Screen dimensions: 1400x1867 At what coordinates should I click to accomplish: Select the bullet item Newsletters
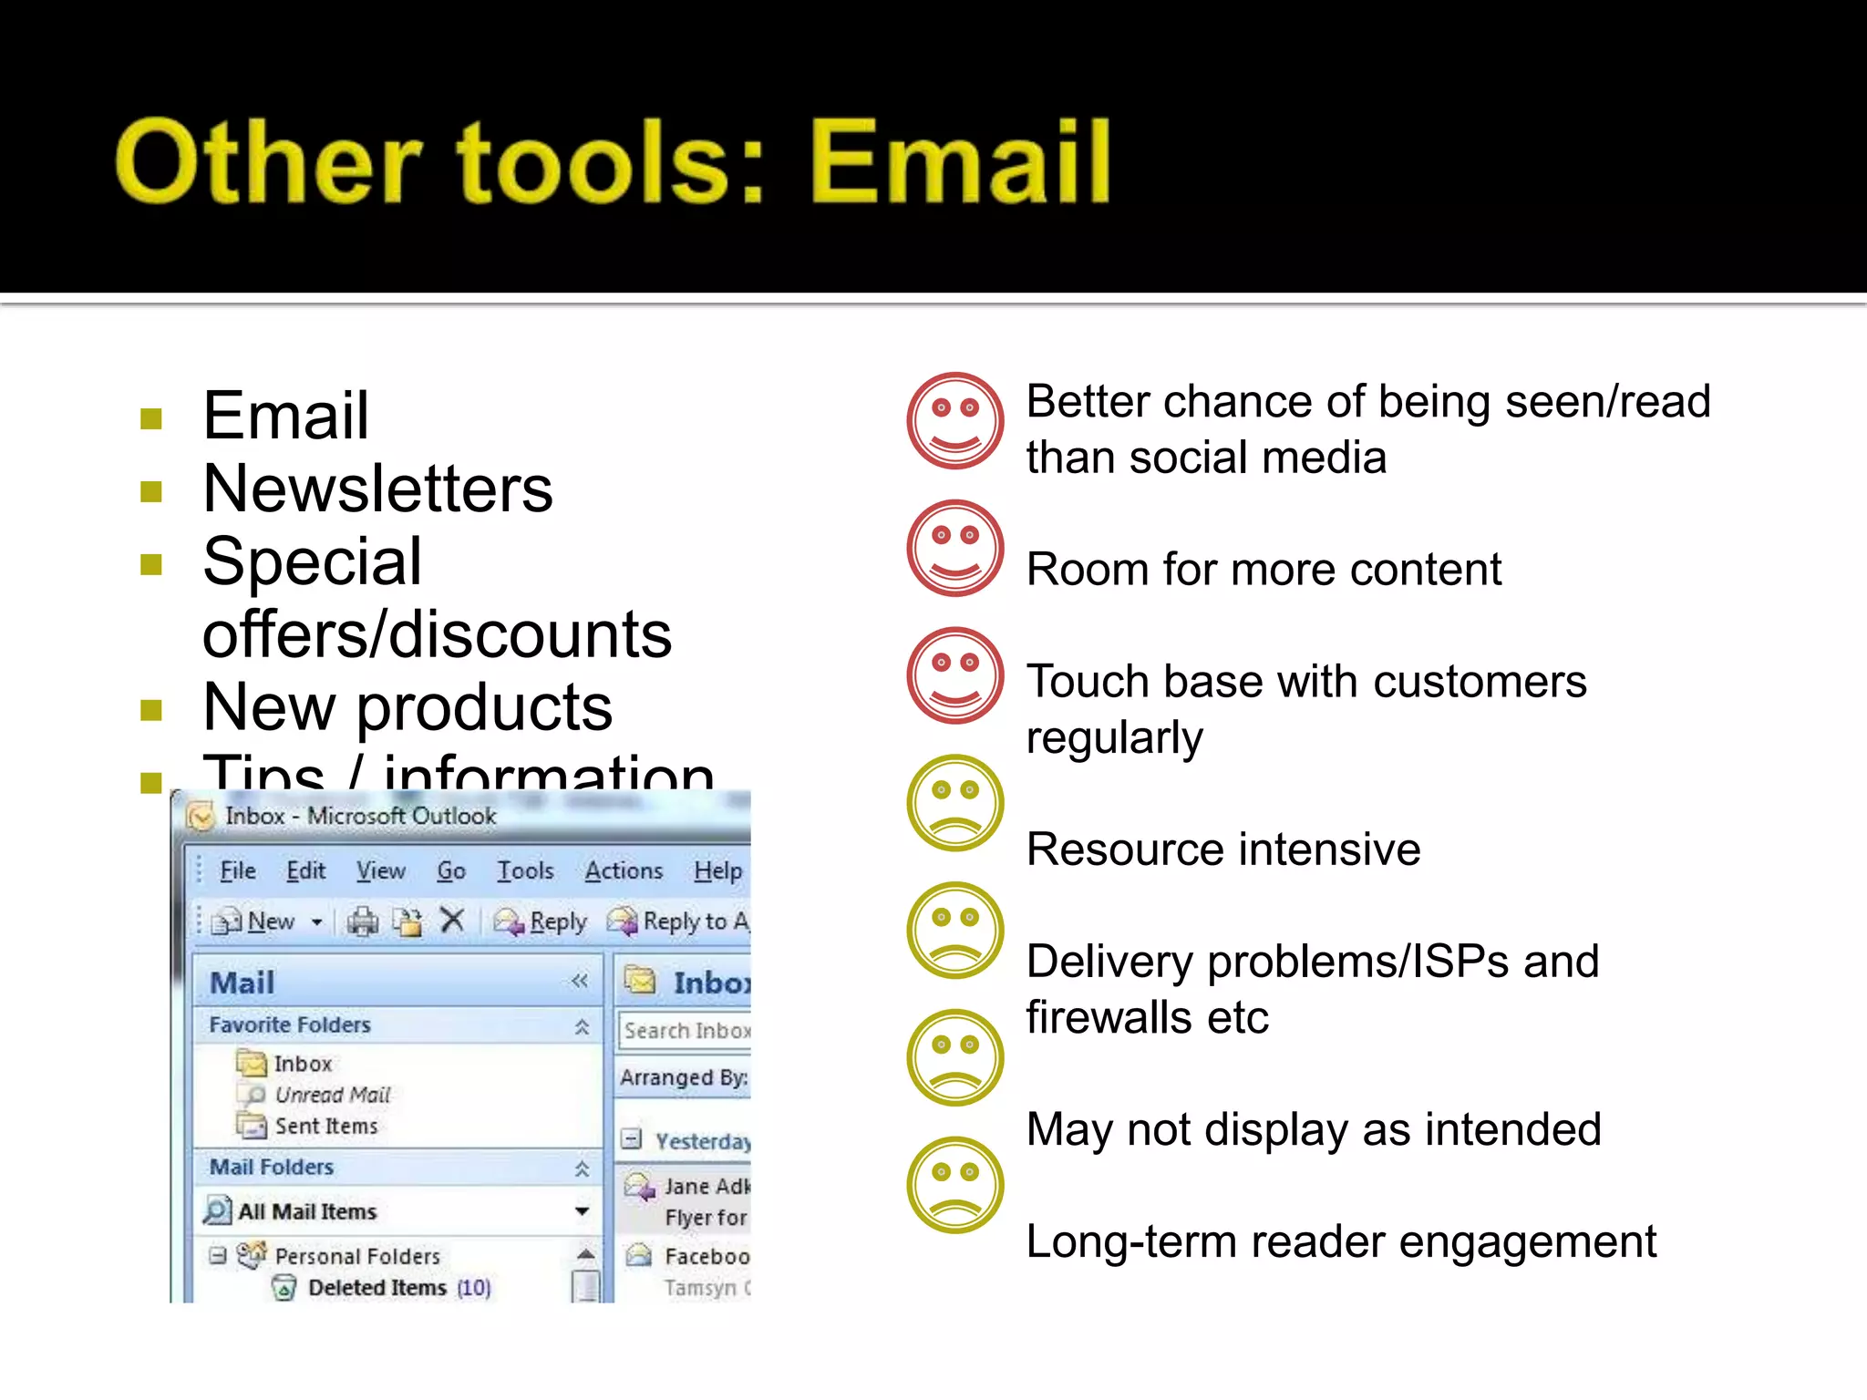(x=377, y=489)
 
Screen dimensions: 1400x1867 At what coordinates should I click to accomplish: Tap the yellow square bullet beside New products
(x=151, y=709)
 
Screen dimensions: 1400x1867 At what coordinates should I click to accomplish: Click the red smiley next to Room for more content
(x=954, y=549)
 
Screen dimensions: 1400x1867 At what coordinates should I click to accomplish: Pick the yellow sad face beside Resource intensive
(x=954, y=804)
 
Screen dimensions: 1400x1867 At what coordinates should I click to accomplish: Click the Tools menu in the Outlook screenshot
(x=525, y=871)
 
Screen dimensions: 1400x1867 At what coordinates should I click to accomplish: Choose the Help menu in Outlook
(x=717, y=871)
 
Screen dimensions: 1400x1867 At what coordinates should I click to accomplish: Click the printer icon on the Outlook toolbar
(x=363, y=921)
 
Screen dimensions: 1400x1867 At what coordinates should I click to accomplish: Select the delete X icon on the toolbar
(x=452, y=921)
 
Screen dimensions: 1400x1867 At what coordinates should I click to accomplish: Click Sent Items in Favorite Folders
(x=325, y=1127)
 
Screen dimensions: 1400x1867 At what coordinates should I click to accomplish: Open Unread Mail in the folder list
(x=332, y=1095)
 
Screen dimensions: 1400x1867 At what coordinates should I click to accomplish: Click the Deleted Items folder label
(x=376, y=1288)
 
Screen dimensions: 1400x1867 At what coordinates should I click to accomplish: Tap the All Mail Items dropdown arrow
(x=582, y=1211)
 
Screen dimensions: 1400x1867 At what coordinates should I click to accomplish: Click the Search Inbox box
(x=686, y=1031)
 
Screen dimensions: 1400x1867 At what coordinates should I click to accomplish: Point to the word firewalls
(x=1109, y=1017)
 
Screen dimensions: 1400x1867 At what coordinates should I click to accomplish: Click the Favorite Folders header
(x=290, y=1025)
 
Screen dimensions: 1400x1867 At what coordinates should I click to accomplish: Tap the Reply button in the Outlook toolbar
(x=543, y=922)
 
